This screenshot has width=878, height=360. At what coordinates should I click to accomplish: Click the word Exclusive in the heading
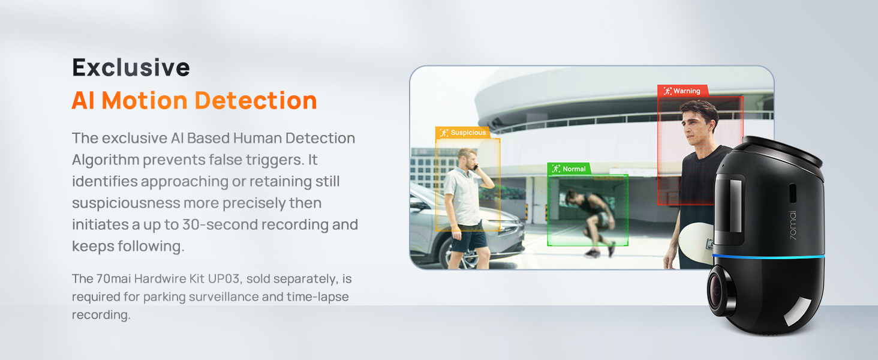131,67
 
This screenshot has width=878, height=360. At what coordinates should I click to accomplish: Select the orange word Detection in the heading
258,100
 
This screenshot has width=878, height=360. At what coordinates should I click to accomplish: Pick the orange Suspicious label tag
462,133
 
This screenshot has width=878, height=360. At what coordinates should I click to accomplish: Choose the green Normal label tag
569,169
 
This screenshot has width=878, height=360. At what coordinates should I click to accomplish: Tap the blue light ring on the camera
768,257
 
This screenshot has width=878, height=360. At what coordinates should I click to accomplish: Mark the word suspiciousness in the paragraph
125,203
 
